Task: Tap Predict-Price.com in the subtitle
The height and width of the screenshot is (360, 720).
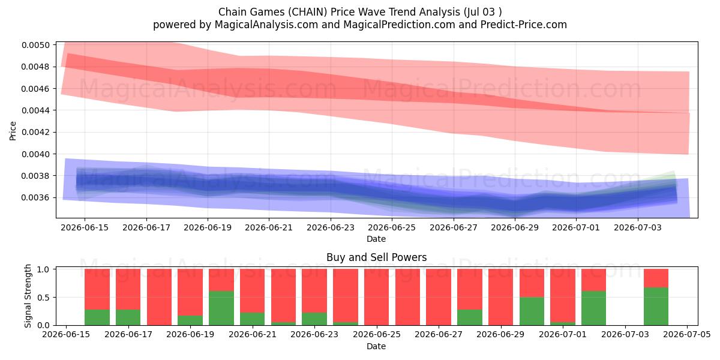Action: pyautogui.click(x=524, y=25)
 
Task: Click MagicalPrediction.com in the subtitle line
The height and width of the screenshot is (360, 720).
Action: pyautogui.click(x=399, y=25)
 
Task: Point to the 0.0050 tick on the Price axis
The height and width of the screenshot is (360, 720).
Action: pyautogui.click(x=35, y=45)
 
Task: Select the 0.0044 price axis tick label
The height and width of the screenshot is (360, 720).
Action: pyautogui.click(x=35, y=110)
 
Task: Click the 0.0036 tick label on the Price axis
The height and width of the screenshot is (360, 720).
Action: pyautogui.click(x=35, y=197)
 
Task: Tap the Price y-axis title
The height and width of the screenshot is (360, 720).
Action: pyautogui.click(x=13, y=131)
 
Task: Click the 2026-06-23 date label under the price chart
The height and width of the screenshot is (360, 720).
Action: pyautogui.click(x=331, y=227)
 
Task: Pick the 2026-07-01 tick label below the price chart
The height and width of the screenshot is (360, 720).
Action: pyautogui.click(x=576, y=227)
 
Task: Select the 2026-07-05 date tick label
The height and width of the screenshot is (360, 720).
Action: pyautogui.click(x=687, y=335)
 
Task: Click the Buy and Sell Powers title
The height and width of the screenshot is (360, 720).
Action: pyautogui.click(x=376, y=257)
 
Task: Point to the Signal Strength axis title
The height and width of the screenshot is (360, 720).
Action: pyautogui.click(x=28, y=296)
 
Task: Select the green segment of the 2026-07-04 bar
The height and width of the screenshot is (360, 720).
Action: pyautogui.click(x=656, y=307)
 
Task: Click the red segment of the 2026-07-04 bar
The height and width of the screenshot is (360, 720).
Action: pyautogui.click(x=656, y=278)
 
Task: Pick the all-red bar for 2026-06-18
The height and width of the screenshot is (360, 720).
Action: pyautogui.click(x=160, y=298)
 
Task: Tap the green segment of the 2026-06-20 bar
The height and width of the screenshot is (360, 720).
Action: pyautogui.click(x=221, y=308)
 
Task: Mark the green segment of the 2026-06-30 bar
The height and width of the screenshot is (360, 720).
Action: pyautogui.click(x=532, y=311)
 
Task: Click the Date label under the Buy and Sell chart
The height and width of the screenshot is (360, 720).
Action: pyautogui.click(x=376, y=346)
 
